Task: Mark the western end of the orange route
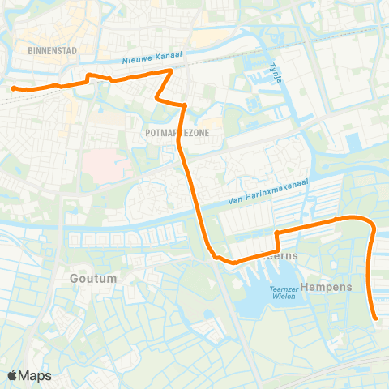(x=13, y=88)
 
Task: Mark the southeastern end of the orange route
(x=376, y=319)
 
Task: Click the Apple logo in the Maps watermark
(x=13, y=375)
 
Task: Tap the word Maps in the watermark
(x=36, y=375)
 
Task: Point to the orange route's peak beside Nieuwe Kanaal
(x=169, y=71)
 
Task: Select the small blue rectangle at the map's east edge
(x=354, y=142)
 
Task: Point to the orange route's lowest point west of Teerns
(x=233, y=263)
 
